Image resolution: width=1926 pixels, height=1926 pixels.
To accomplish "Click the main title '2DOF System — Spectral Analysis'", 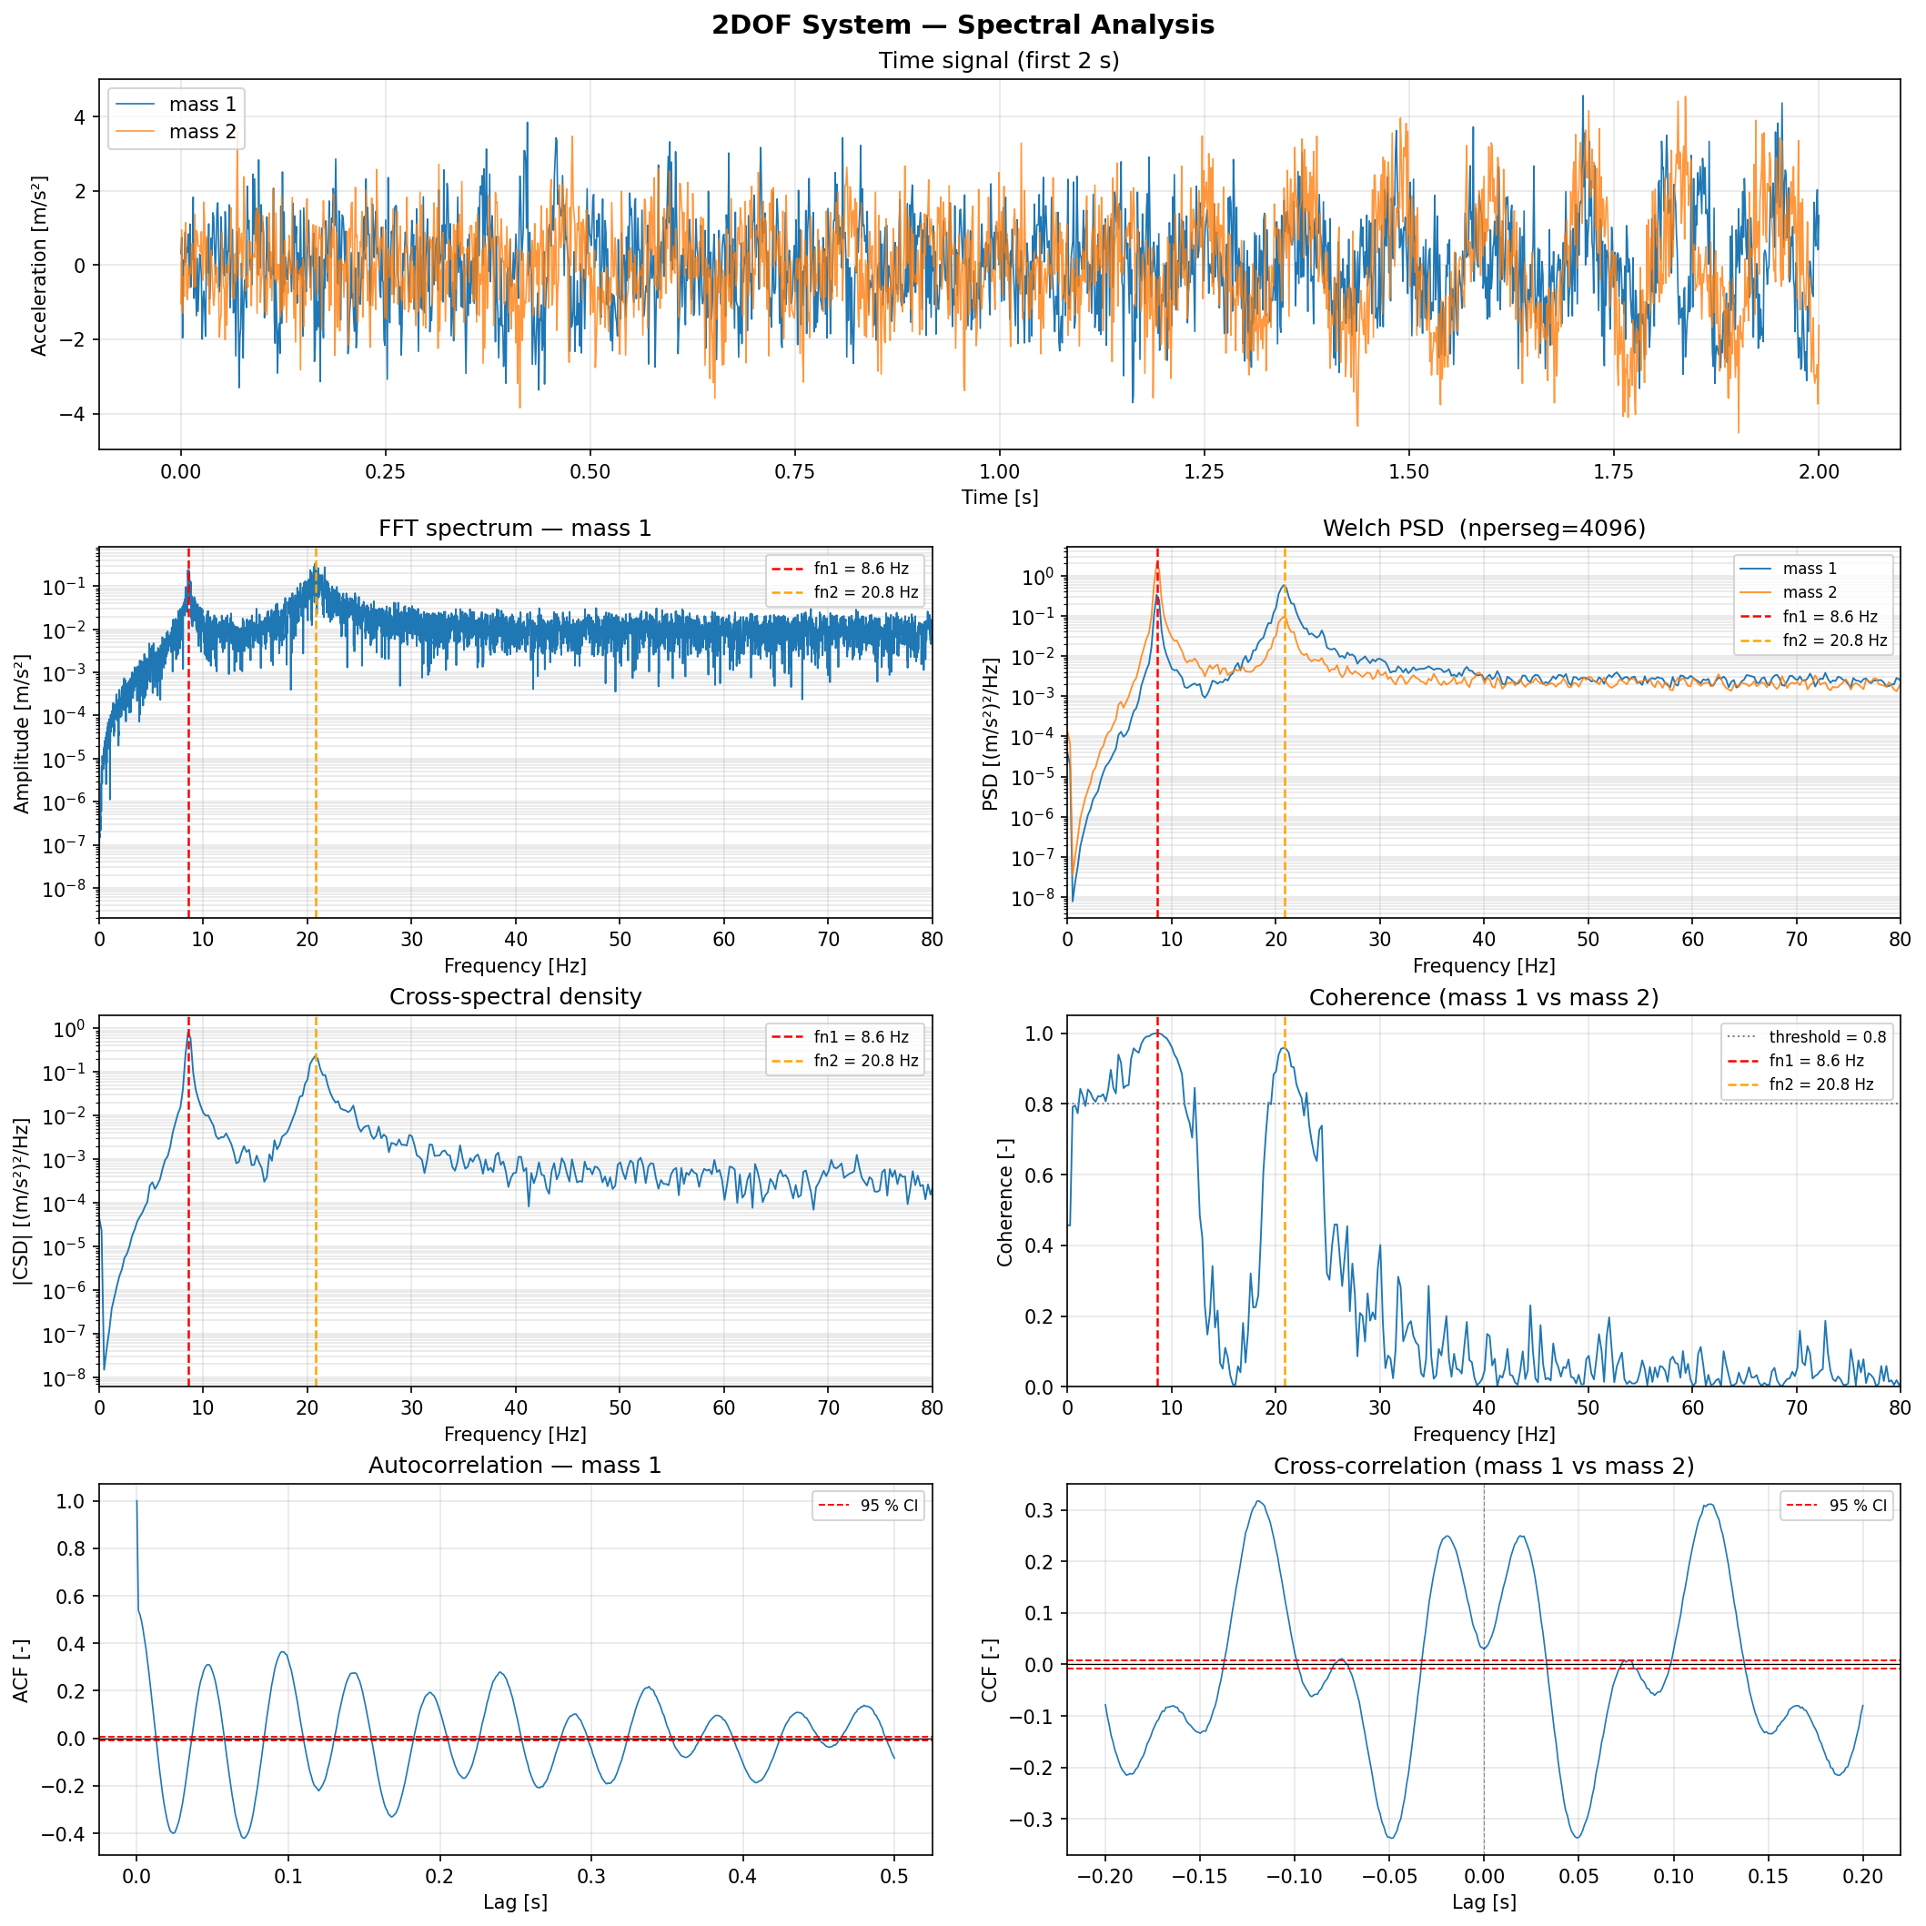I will coord(963,25).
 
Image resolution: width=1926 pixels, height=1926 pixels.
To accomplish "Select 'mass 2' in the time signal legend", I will coord(202,132).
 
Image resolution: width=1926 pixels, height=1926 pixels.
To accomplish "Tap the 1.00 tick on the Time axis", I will coord(999,471).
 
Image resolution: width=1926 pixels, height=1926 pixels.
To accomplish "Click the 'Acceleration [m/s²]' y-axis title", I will coord(39,265).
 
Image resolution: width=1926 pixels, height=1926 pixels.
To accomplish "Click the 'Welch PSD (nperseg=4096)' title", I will coord(1483,529).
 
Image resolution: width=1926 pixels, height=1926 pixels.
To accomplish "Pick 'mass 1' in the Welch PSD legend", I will coord(1810,569).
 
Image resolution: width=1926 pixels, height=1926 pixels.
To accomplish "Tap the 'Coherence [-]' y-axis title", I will coord(1005,1202).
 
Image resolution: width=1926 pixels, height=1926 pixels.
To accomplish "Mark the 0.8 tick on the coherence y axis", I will coord(1040,1104).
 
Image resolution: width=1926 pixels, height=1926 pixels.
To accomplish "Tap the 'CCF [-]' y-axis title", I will coord(990,1669).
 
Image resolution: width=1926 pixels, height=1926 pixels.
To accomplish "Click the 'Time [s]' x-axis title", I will coord(999,498).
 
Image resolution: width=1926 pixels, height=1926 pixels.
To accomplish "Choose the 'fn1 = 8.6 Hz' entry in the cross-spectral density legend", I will coord(861,1037).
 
